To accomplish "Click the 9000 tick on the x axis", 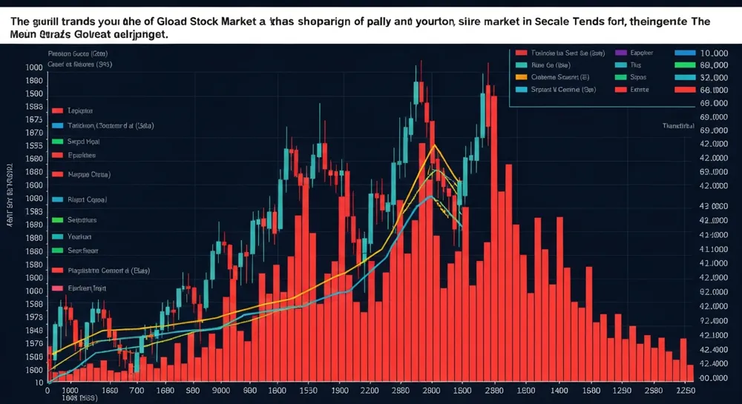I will coord(222,389).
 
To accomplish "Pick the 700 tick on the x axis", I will coord(138,389).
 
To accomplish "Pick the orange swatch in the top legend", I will coord(519,77).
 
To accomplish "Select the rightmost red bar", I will coord(690,374).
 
